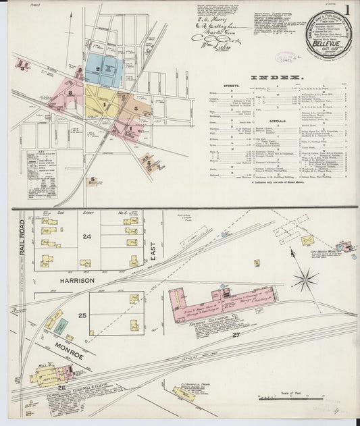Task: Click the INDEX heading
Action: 278,78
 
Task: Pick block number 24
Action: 86,237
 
